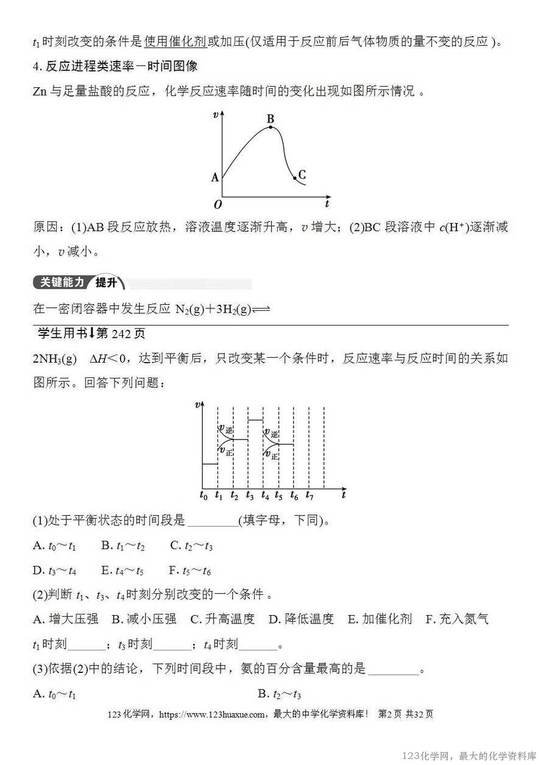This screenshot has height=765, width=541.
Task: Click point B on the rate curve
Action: (x=270, y=127)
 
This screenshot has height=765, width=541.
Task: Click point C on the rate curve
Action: (x=295, y=179)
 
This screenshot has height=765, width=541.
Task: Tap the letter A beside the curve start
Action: (x=214, y=177)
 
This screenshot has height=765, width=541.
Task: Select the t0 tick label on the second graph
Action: (x=203, y=496)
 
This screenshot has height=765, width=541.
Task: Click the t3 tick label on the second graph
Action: (x=250, y=496)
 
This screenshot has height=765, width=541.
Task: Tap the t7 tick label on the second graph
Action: (x=309, y=496)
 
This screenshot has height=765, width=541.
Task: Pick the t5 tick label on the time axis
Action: (x=279, y=496)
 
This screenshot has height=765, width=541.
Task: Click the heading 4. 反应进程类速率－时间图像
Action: (x=115, y=65)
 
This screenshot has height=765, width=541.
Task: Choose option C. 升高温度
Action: (x=222, y=619)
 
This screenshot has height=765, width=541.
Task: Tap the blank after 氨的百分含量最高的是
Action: (x=394, y=669)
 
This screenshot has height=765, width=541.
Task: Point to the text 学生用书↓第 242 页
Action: (x=91, y=334)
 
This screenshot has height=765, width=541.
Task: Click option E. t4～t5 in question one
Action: (x=122, y=571)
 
